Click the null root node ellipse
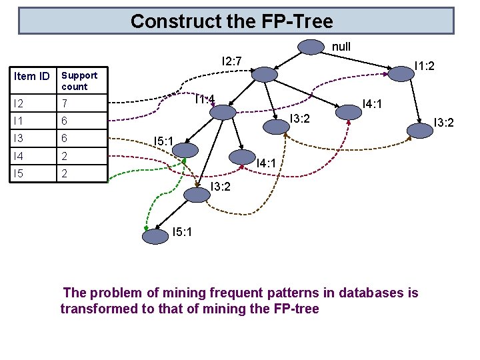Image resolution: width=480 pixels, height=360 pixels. [x=311, y=47]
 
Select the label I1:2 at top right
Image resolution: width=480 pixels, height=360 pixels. [x=424, y=65]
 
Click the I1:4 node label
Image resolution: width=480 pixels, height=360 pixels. [x=205, y=100]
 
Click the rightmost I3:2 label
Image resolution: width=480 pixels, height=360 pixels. [x=444, y=122]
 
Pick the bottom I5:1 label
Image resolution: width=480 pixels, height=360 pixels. [x=183, y=233]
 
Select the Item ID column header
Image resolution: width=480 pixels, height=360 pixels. [x=32, y=76]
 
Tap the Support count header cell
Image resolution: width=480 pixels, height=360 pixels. [x=79, y=81]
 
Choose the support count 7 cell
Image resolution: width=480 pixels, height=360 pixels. [x=65, y=103]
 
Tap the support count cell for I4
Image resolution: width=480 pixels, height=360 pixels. [x=65, y=155]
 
